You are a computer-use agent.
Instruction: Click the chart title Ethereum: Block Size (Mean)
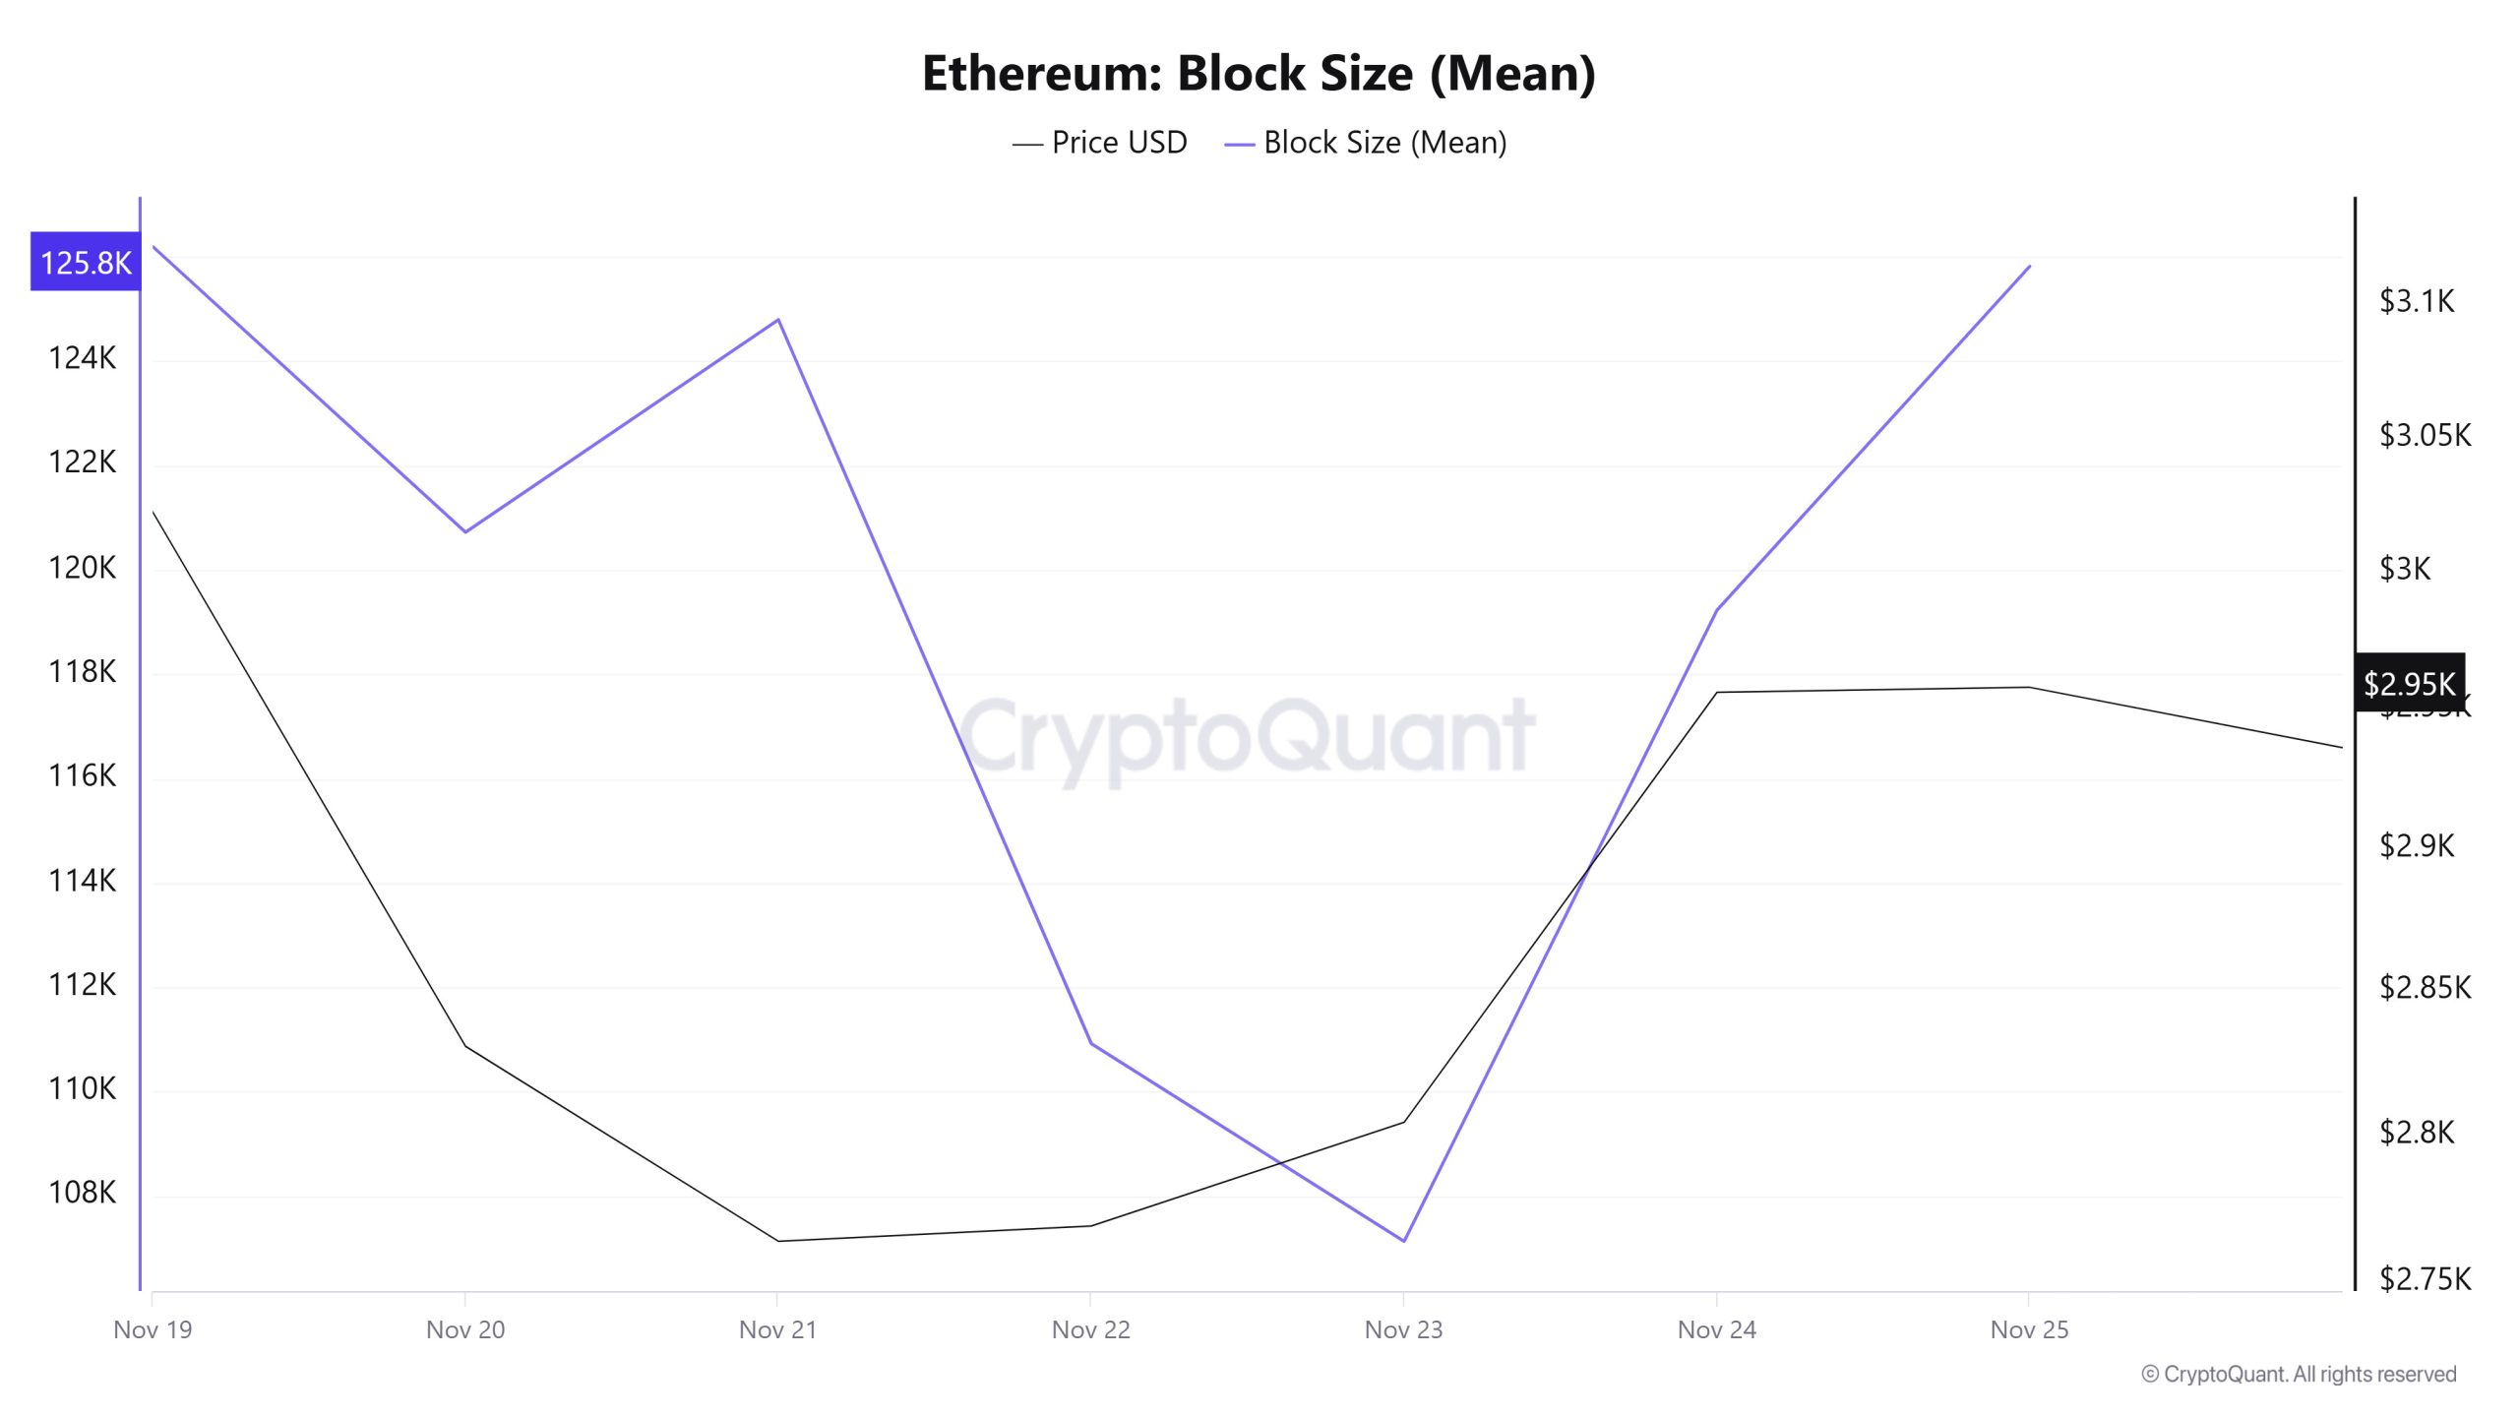1259,74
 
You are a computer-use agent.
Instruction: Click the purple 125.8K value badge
86,262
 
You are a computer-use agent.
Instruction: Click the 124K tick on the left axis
82,357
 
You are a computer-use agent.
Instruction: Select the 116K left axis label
82,775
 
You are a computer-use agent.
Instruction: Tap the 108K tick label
82,1192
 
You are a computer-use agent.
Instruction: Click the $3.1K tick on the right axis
2416,301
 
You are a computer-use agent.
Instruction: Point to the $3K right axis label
2404,569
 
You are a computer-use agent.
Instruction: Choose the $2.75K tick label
2424,1278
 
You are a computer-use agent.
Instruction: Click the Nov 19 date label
153,1329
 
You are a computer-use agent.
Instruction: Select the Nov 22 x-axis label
1090,1329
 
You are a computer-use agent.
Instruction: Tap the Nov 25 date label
2028,1329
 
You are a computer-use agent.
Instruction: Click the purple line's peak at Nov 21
778,320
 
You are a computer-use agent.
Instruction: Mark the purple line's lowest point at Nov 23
1403,1241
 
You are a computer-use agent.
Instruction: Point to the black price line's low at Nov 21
778,1241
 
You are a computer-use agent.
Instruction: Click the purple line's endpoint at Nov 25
2029,266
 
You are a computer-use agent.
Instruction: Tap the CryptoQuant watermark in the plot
1247,736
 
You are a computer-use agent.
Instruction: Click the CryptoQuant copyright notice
2299,1374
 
